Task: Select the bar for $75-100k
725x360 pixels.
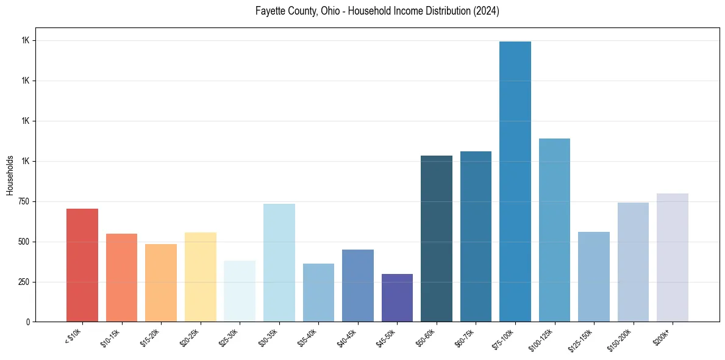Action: (515, 181)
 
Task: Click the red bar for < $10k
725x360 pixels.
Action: (82, 265)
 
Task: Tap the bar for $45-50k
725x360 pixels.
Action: (397, 298)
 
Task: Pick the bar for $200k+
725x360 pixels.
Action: (673, 257)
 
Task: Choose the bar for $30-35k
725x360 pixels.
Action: (279, 262)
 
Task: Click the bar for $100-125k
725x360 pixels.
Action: (554, 230)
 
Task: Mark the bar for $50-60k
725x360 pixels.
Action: (437, 239)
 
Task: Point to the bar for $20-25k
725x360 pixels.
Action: (201, 277)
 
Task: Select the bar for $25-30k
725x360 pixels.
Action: (240, 291)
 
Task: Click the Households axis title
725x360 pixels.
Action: (10, 175)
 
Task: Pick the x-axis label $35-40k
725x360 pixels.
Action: (307, 337)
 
